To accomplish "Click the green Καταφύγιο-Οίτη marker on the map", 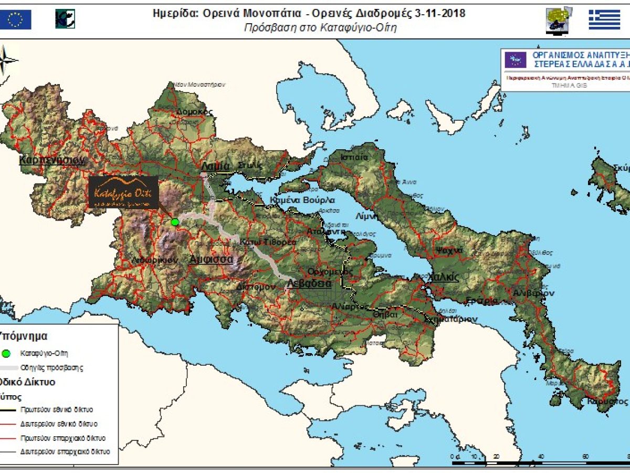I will pos(175,222).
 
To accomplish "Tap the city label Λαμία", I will pos(215,166).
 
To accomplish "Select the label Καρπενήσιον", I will pos(51,160).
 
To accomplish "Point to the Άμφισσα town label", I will pos(211,259).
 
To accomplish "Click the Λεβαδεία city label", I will pos(309,283).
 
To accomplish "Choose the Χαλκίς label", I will pos(443,277).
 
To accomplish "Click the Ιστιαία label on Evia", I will pos(354,157).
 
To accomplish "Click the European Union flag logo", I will pos(16,19).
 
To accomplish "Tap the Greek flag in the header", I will pos(604,19).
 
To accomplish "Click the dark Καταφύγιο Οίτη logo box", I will pos(123,192).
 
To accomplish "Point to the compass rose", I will pos(7,59).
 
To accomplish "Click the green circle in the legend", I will pos(6,353).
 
